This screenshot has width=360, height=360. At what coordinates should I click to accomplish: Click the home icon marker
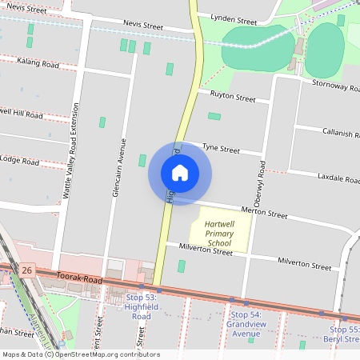coord(180,173)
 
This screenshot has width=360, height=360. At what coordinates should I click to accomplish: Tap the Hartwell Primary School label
coord(219,233)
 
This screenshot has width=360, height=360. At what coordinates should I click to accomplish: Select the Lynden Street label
coord(233,17)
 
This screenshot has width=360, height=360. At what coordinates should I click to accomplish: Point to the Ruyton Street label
coord(232,98)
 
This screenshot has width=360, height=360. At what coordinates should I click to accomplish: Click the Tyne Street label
coord(221,148)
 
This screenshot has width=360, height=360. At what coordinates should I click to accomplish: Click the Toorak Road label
coord(80,279)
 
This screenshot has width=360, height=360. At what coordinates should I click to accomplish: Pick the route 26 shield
coord(27,270)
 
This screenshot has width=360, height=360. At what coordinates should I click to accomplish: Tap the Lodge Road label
coord(19,161)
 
